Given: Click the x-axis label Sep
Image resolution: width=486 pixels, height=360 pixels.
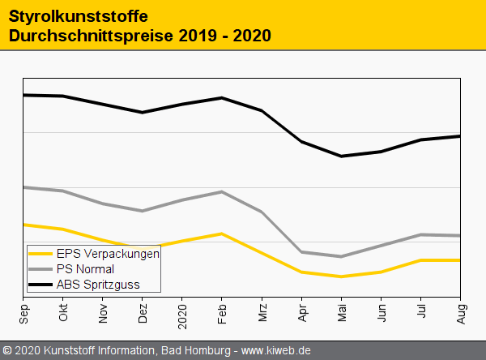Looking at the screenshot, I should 24,311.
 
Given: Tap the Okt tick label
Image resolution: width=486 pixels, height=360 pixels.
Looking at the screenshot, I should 63,311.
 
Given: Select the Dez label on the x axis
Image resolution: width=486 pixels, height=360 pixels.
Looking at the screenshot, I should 143,311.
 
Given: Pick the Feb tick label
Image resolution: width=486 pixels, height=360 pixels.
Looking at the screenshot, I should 222,311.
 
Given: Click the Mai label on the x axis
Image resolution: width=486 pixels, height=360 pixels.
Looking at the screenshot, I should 341,311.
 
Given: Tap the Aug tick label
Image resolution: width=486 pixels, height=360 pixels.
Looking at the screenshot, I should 460,311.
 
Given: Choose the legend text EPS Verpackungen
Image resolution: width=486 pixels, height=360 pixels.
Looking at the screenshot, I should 108,253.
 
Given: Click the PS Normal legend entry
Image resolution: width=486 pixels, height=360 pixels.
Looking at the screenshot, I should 85,268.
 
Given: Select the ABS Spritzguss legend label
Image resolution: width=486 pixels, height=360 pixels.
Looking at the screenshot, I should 98,284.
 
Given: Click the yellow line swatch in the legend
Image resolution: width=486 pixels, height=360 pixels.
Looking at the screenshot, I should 40,253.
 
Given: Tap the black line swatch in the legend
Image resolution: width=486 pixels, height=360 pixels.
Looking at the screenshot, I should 40,284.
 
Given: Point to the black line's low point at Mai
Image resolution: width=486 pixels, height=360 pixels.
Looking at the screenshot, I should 341,156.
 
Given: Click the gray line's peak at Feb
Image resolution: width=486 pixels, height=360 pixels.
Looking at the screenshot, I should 222,192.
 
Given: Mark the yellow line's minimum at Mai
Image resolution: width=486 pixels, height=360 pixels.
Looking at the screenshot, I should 341,276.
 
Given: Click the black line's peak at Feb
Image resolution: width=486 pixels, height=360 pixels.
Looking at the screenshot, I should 222,98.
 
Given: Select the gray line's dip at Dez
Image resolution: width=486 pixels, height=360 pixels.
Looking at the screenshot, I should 143,211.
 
